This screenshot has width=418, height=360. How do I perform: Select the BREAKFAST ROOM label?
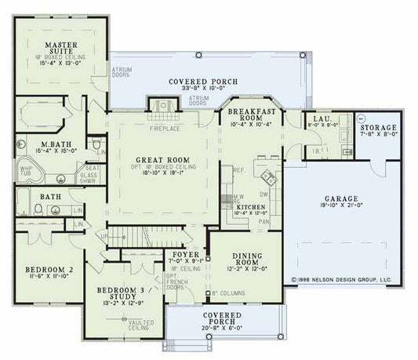pos(249,115)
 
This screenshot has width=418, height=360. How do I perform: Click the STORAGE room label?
pos(378,127)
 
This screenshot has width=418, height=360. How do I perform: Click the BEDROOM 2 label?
pos(49,269)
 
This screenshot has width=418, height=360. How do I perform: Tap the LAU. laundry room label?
pos(325,117)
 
